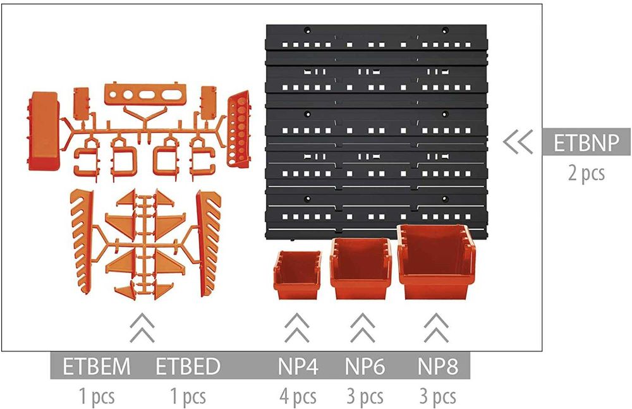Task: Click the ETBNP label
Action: pyautogui.click(x=586, y=142)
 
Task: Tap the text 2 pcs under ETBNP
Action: pyautogui.click(x=586, y=173)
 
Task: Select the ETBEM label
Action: pyautogui.click(x=97, y=366)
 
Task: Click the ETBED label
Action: pyautogui.click(x=188, y=366)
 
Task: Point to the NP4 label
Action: pyautogui.click(x=298, y=366)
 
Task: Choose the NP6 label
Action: pyautogui.click(x=365, y=366)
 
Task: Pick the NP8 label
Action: pyautogui.click(x=438, y=366)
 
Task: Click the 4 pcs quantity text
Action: pyautogui.click(x=298, y=396)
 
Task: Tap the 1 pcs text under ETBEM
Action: pyautogui.click(x=97, y=396)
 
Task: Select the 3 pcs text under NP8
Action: pyautogui.click(x=438, y=396)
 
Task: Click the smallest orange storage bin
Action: pyautogui.click(x=298, y=275)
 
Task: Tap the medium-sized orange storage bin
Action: pyautogui.click(x=361, y=268)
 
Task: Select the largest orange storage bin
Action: pyautogui.click(x=437, y=262)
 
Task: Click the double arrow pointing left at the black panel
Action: pyautogui.click(x=518, y=142)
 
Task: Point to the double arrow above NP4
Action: pyautogui.click(x=296, y=327)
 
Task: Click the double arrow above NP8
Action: pyautogui.click(x=437, y=327)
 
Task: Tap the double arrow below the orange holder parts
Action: pyautogui.click(x=142, y=327)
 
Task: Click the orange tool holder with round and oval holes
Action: pyautogui.click(x=145, y=94)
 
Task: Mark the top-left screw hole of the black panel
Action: pyautogui.click(x=307, y=30)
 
